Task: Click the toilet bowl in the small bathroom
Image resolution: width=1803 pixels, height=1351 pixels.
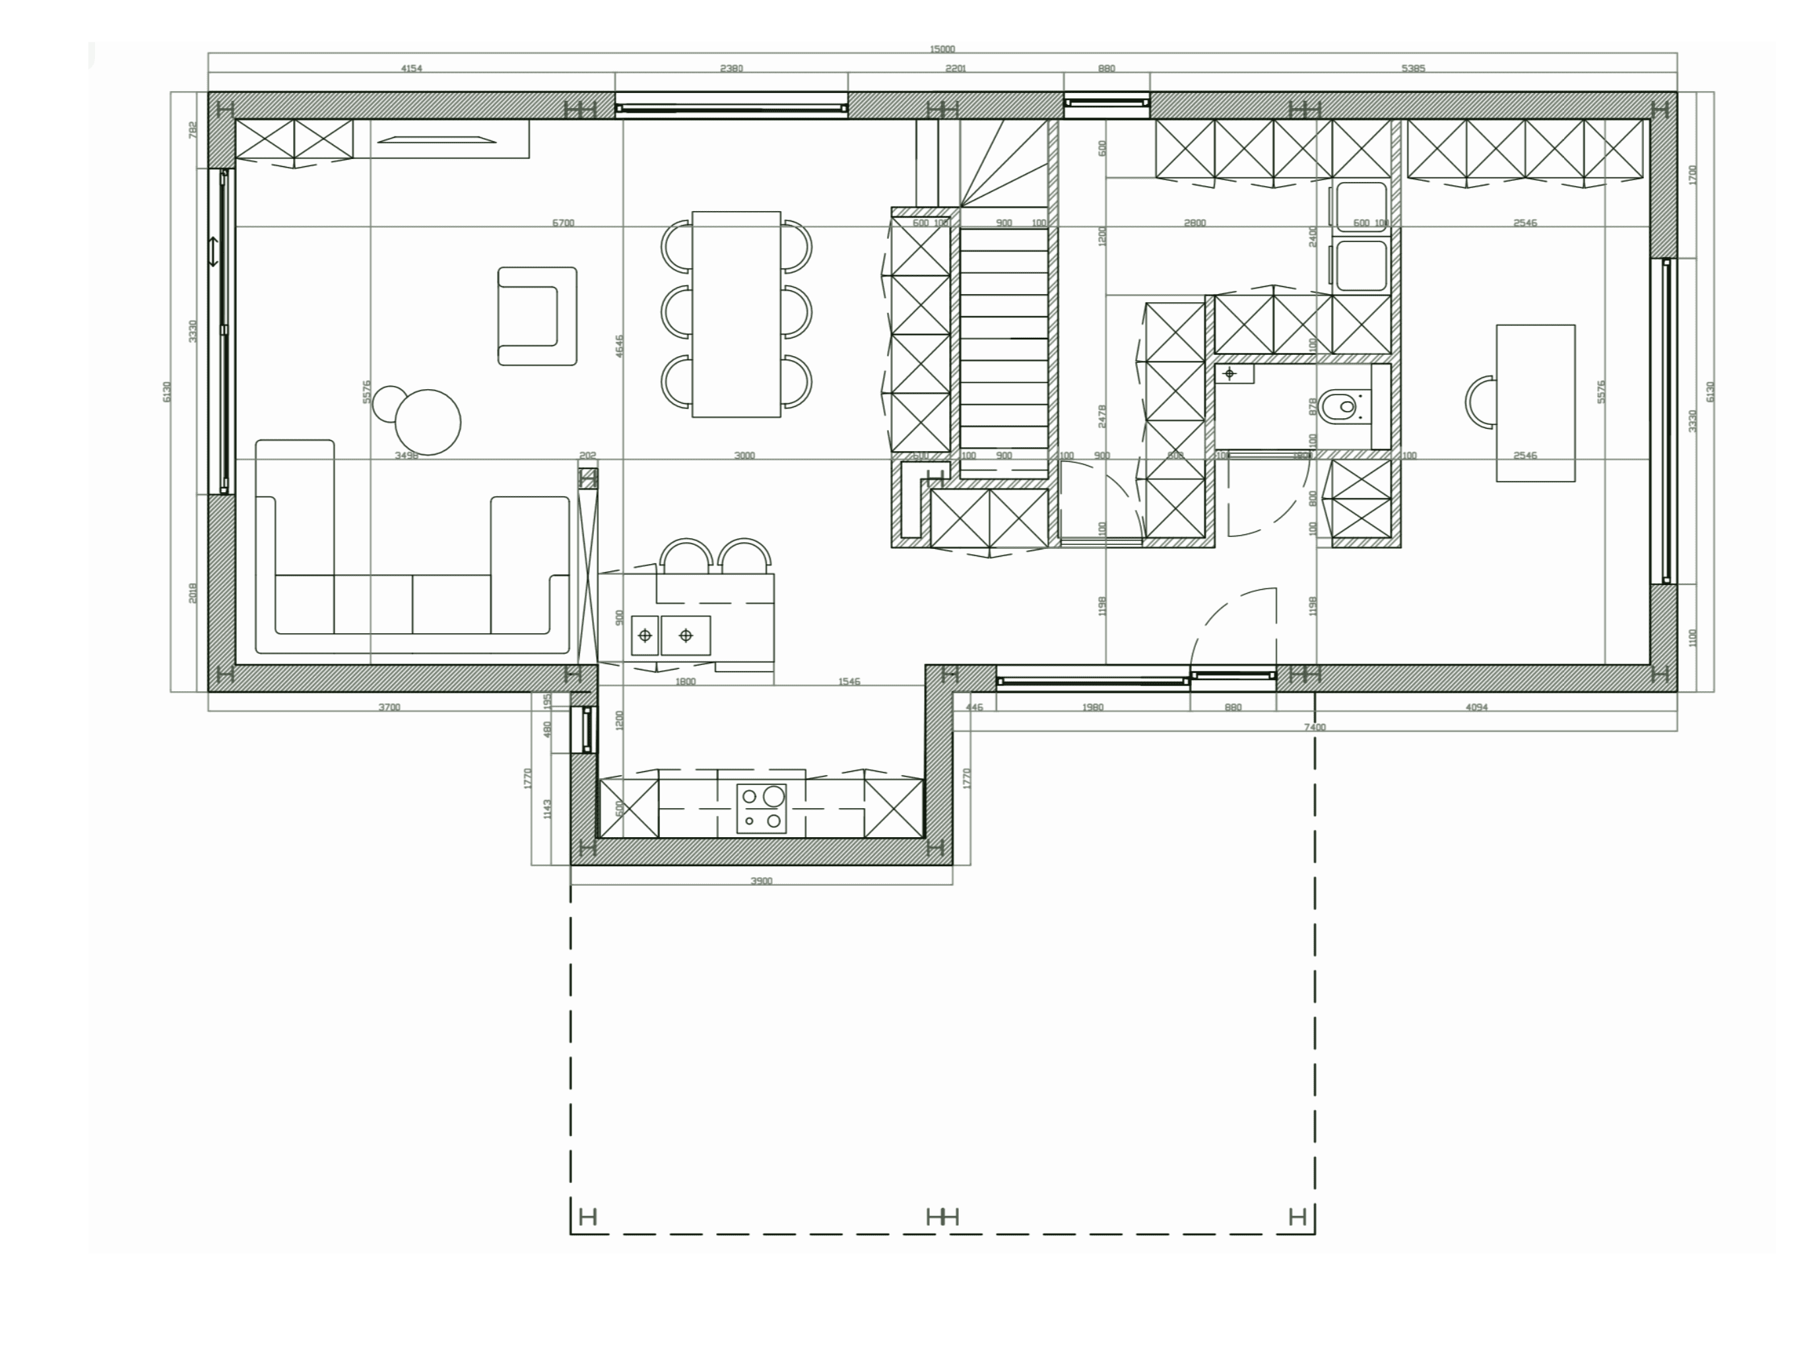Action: coord(1341,405)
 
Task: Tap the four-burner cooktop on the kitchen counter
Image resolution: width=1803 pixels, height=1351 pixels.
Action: coord(762,808)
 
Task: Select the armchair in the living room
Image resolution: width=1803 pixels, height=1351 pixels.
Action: coord(537,316)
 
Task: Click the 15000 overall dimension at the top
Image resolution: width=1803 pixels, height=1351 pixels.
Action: coord(942,49)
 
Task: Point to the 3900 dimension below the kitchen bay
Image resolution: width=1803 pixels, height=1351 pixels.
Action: coord(760,881)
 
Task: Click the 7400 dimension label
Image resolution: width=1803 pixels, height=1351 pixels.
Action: coord(1315,727)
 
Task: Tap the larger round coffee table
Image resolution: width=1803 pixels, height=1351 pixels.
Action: coord(428,422)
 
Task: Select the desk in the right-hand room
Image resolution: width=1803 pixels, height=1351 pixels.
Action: coord(1535,403)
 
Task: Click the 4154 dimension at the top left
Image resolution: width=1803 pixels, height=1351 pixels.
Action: coord(412,69)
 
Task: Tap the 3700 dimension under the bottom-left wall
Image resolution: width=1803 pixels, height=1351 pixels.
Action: coord(389,707)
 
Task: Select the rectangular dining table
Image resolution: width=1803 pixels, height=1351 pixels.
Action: coord(736,315)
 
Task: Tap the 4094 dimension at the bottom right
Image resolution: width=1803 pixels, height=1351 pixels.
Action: coord(1476,707)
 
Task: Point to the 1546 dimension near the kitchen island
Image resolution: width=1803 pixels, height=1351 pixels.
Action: coord(849,681)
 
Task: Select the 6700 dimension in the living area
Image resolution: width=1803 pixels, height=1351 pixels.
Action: coord(563,222)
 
